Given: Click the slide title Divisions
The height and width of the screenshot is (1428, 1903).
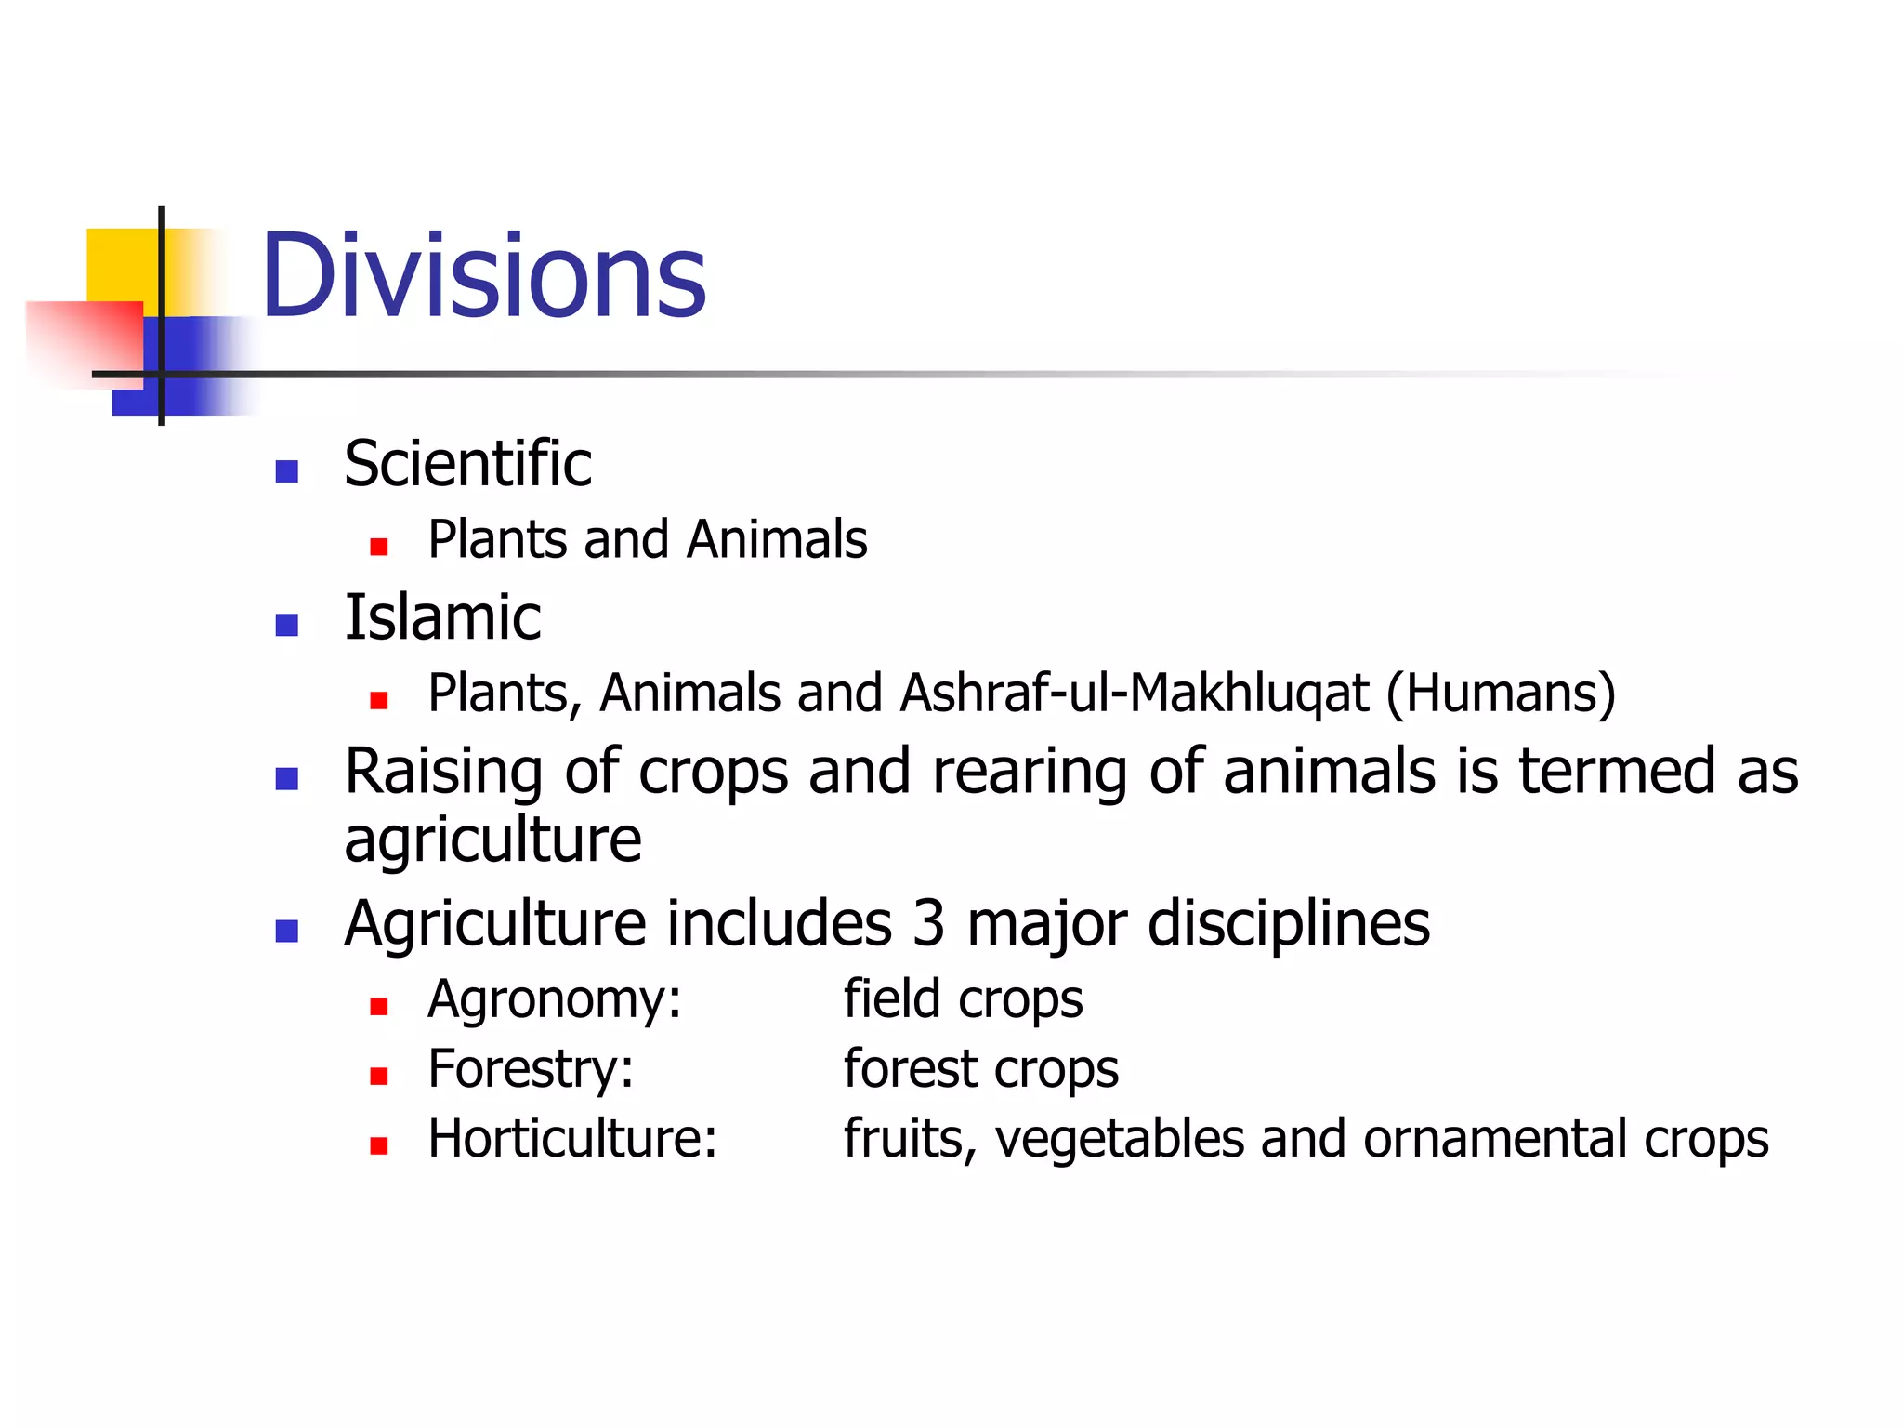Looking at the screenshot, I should tap(483, 276).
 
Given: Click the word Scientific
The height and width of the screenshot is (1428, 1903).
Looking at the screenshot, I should tap(467, 463).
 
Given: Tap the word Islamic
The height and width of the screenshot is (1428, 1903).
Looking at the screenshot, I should tap(442, 616).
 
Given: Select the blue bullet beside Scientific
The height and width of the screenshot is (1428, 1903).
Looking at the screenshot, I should tap(287, 471).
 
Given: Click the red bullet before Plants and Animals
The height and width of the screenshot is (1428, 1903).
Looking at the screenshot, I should tap(378, 547).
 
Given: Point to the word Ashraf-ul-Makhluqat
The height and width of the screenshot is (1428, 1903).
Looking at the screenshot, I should tap(1135, 694).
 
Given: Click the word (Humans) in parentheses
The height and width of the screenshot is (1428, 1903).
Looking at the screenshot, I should tap(1501, 694).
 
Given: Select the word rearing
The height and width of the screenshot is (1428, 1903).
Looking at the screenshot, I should tap(1030, 772).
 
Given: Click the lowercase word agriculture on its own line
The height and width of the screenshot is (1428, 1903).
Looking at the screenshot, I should tap(492, 840).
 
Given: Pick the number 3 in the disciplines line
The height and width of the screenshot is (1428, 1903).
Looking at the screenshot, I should tap(928, 923).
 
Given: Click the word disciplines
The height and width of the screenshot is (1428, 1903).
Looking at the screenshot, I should tap(1289, 923).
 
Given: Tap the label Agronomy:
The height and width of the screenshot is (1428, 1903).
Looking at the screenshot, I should tap(555, 1000).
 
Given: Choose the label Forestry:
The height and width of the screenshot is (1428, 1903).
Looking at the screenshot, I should tap(531, 1069).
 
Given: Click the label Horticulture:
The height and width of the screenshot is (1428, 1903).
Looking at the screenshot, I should tap(572, 1138).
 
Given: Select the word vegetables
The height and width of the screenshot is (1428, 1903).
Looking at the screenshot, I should tap(1120, 1140).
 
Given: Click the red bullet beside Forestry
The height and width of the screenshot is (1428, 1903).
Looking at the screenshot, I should tap(378, 1077).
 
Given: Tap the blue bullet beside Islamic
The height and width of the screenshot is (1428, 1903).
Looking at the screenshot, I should tap(287, 625).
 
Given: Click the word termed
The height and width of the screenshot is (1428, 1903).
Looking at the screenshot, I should tap(1617, 772).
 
